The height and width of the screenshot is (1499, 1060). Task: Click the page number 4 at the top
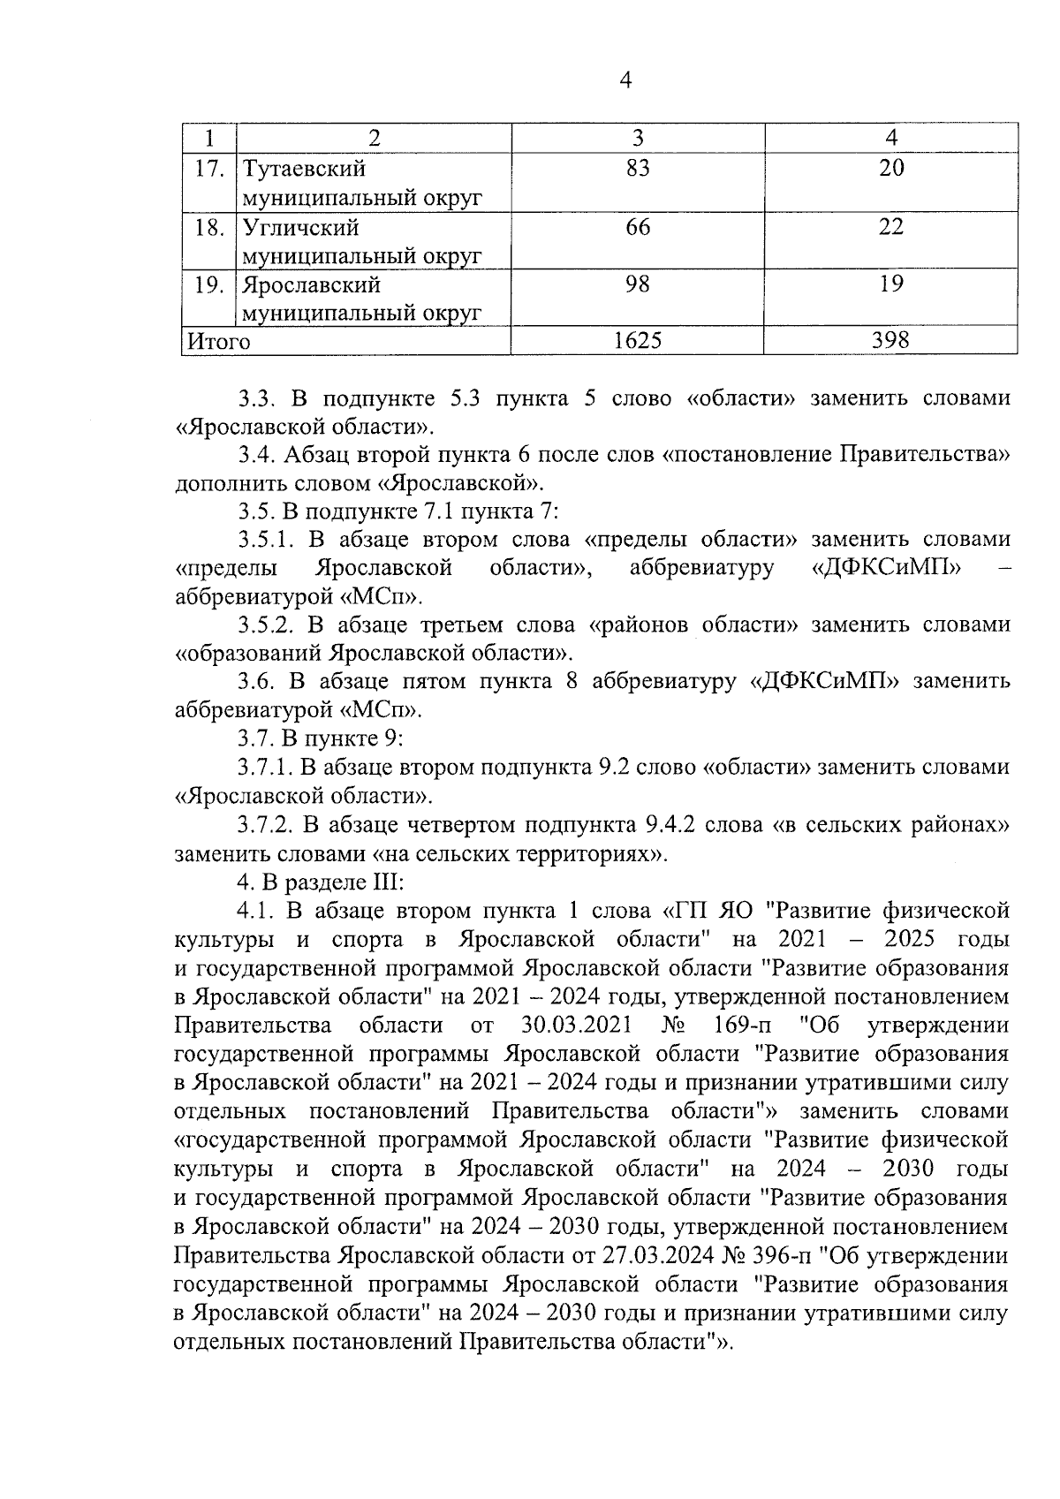click(625, 80)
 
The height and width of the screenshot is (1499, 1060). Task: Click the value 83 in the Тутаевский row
click(638, 169)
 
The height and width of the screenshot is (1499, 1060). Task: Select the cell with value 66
click(638, 228)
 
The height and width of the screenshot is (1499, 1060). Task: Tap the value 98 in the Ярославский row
click(638, 284)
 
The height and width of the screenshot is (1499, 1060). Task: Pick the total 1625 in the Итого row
click(638, 341)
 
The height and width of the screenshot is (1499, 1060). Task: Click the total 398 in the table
click(890, 341)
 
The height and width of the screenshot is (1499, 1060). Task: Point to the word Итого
click(216, 342)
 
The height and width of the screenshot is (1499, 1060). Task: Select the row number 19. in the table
click(208, 285)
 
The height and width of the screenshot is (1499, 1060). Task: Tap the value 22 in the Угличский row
click(891, 228)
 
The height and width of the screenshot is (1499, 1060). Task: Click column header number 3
click(638, 138)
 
